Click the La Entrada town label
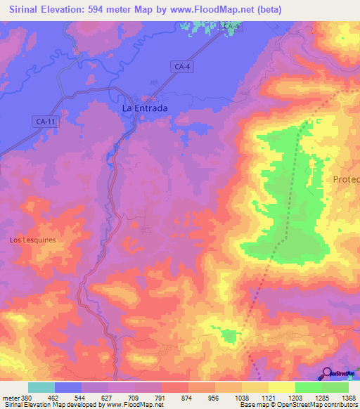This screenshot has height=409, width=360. pyautogui.click(x=145, y=108)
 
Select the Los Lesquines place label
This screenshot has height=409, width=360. pyautogui.click(x=32, y=240)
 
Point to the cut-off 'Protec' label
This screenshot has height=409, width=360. pyautogui.click(x=345, y=180)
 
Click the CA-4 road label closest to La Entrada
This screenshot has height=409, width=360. pyautogui.click(x=181, y=66)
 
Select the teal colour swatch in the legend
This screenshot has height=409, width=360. pyautogui.click(x=41, y=387)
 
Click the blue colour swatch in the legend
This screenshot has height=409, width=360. pyautogui.click(x=68, y=387)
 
